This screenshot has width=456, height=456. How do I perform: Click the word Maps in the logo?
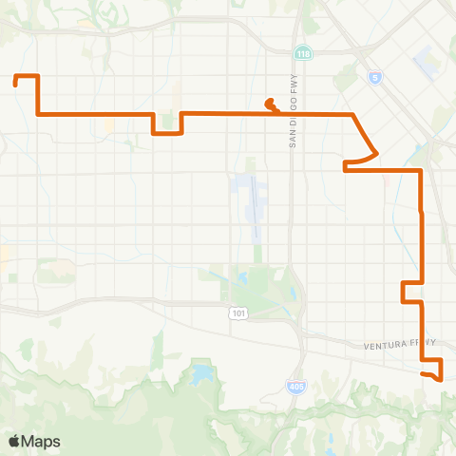click(41, 441)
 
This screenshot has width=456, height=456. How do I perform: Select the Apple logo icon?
click(14, 441)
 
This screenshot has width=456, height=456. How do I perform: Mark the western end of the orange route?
click(17, 84)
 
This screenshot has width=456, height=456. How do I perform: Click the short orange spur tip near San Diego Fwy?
click(268, 103)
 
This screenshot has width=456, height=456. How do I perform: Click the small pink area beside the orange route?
click(385, 179)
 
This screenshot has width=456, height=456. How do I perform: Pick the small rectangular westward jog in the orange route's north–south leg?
click(406, 292)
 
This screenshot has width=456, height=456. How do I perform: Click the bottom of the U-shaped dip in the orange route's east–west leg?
click(167, 133)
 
